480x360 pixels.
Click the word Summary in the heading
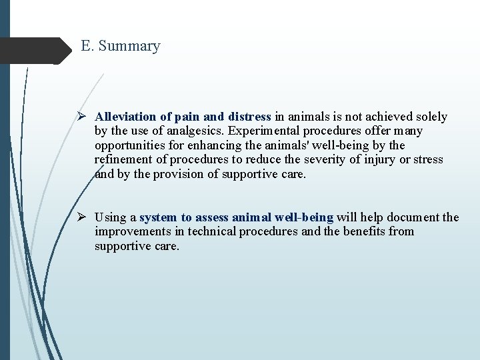click(130, 47)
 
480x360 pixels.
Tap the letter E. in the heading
click(87, 46)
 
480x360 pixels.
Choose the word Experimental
click(237, 131)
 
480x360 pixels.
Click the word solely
click(431, 117)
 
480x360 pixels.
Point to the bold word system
click(158, 217)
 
